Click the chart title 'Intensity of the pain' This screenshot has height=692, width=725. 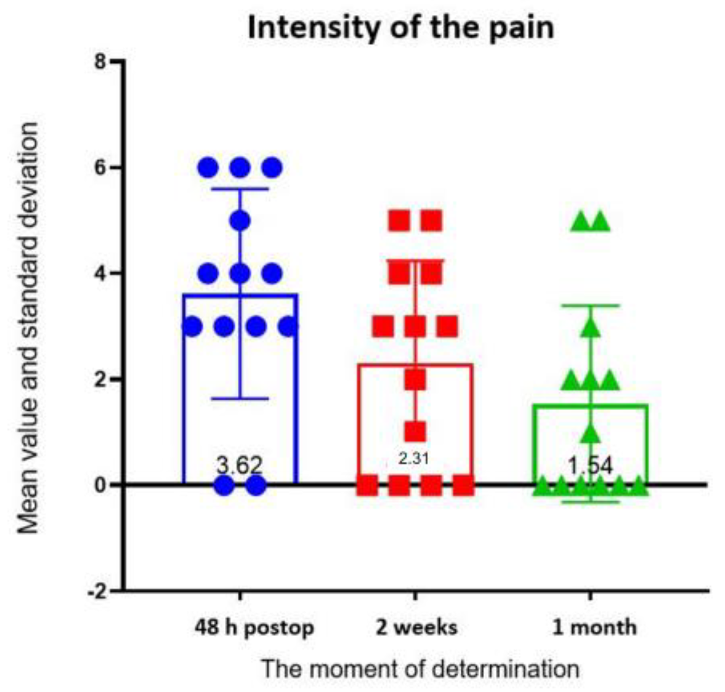[x=401, y=28]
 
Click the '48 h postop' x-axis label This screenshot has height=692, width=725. [x=254, y=627]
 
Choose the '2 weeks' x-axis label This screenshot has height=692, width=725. [x=416, y=627]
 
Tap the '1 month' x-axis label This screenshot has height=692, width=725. [x=594, y=627]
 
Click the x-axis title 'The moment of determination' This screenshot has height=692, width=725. [x=420, y=669]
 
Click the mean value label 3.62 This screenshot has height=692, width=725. [x=239, y=465]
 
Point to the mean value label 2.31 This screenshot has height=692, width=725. [x=414, y=458]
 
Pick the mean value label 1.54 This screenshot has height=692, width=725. [x=590, y=466]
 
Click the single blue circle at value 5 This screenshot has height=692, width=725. [x=240, y=220]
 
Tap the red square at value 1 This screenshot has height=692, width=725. [x=415, y=431]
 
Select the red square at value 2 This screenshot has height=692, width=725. [x=415, y=380]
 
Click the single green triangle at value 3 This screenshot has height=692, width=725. [x=591, y=327]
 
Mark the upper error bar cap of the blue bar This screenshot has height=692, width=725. [x=240, y=189]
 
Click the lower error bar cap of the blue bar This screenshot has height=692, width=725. [x=240, y=399]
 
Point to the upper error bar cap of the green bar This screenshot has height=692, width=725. [x=591, y=305]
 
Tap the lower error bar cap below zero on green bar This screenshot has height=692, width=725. [x=591, y=502]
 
